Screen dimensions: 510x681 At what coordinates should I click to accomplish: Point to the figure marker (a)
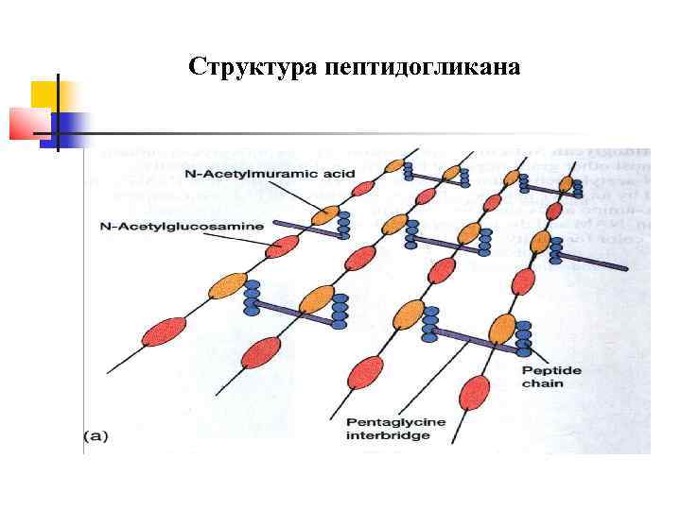click(97, 435)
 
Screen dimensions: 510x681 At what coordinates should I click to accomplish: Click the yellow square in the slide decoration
click(44, 93)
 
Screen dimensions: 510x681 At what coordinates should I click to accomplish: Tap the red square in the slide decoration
click(26, 123)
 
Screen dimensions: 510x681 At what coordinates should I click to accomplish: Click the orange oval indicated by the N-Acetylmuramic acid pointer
click(325, 215)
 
